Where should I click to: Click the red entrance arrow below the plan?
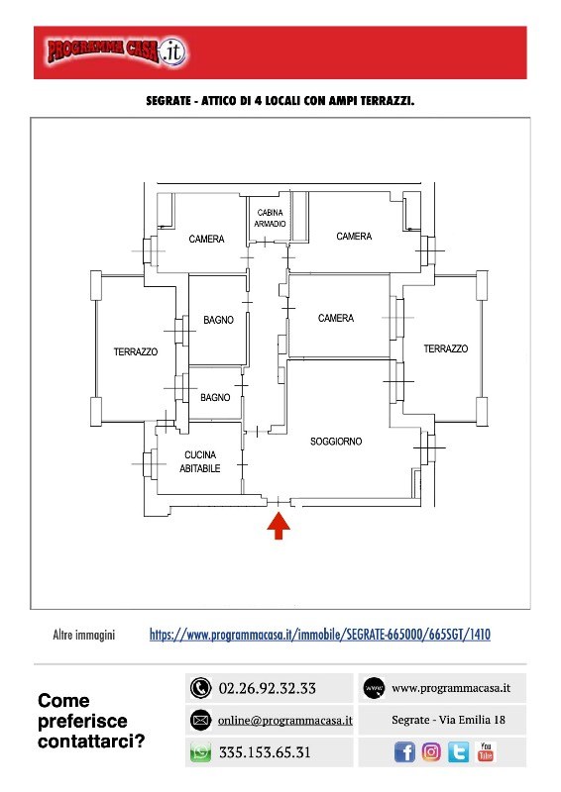[x=279, y=526]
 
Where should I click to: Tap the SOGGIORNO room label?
[x=336, y=442]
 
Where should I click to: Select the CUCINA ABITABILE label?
[x=200, y=461]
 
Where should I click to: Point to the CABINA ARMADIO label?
[x=270, y=218]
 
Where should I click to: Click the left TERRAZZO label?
[x=136, y=351]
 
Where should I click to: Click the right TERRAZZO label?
[x=446, y=348]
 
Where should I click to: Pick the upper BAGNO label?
[x=218, y=320]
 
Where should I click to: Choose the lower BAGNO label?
[x=215, y=398]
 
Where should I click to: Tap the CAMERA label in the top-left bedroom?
[x=206, y=239]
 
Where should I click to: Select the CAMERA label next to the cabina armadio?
[x=354, y=236]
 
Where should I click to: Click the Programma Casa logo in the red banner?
[x=117, y=51]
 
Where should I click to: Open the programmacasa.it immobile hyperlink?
[x=320, y=635]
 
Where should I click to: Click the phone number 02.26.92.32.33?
[x=267, y=688]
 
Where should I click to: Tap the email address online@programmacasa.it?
[x=284, y=721]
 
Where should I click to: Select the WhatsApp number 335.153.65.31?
[x=265, y=752]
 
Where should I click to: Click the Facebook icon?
[x=404, y=752]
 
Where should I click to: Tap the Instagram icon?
[x=431, y=752]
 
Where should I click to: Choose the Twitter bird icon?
[x=458, y=752]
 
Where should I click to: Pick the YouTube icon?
[x=486, y=751]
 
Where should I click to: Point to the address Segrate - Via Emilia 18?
[x=448, y=720]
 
